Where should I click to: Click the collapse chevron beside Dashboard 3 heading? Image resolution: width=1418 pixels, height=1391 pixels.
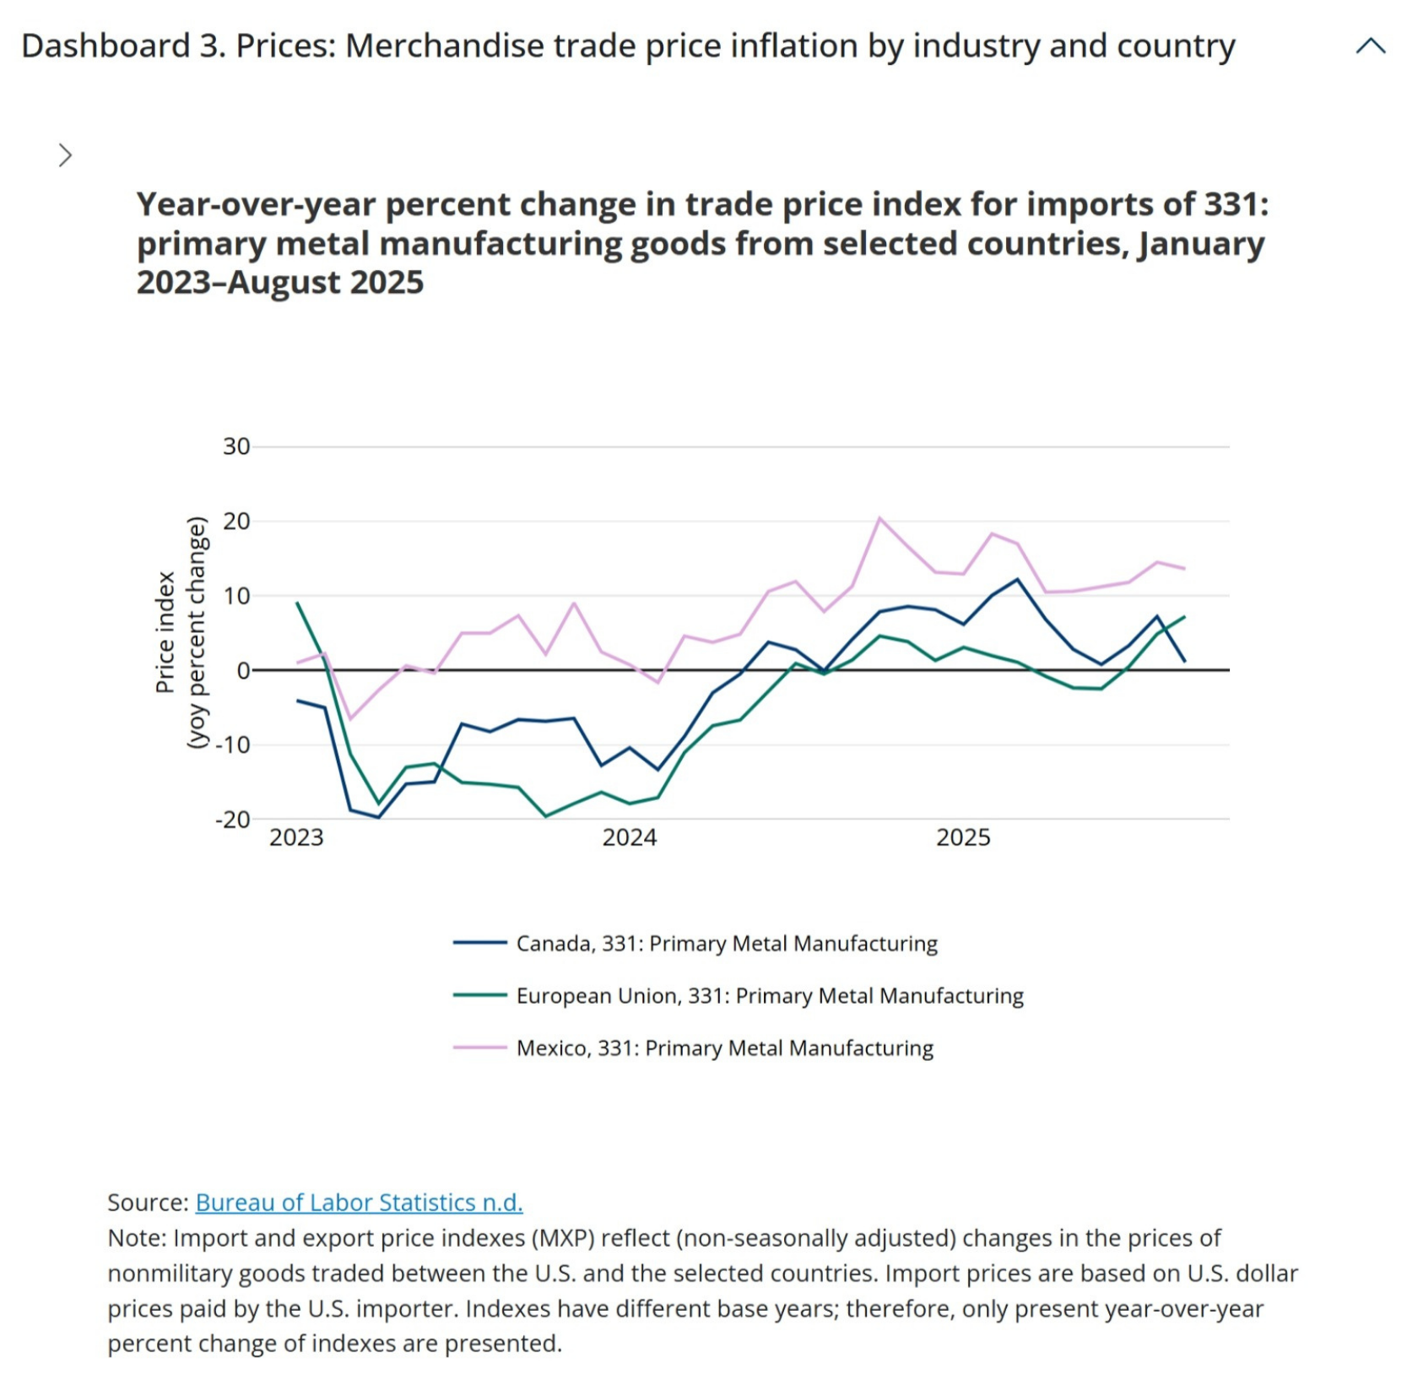[x=1370, y=46]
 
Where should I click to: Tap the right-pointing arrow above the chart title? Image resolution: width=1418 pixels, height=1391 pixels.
[x=65, y=155]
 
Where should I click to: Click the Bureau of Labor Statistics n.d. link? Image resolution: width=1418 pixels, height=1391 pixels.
[x=359, y=1202]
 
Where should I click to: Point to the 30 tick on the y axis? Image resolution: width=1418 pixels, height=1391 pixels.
[x=236, y=447]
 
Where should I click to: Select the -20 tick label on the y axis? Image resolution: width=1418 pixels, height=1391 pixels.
[x=233, y=820]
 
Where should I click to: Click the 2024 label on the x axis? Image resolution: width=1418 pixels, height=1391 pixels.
[x=629, y=837]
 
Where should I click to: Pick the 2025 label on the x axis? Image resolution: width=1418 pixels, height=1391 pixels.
[x=963, y=837]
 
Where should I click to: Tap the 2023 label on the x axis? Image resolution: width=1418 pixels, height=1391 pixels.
[x=296, y=837]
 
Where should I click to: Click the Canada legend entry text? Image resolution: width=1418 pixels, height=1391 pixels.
[x=726, y=943]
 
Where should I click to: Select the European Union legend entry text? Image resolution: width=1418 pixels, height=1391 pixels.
[x=769, y=995]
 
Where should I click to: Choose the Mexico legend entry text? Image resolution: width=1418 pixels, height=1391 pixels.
[x=724, y=1047]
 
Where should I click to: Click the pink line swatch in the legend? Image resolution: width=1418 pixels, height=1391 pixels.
[x=479, y=1047]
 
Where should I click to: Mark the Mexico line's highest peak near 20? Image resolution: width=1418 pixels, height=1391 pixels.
[x=879, y=517]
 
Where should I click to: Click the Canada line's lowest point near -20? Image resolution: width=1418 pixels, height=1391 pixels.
[x=378, y=817]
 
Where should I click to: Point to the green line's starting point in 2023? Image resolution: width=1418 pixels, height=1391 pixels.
[x=297, y=603]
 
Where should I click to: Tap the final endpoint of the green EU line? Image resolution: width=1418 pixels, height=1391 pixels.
[x=1185, y=616]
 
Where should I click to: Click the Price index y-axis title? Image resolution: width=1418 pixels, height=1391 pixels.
[x=165, y=632]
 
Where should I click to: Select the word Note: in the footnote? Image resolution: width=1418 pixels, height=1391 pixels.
[x=138, y=1237]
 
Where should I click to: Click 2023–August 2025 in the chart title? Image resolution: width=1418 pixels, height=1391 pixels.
[x=280, y=282]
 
